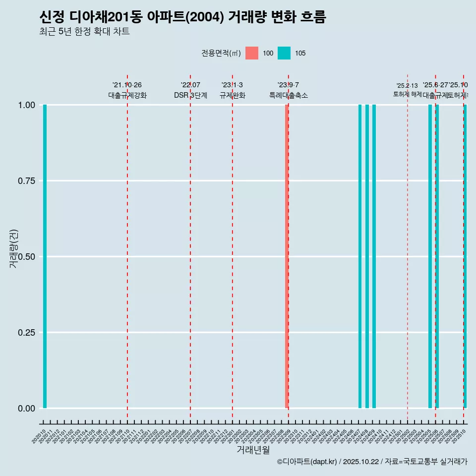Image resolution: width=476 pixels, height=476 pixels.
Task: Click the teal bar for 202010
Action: [x=45, y=256]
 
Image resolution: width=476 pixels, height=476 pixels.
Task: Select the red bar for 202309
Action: [x=287, y=256]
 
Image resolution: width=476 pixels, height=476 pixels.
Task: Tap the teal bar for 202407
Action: [x=360, y=256]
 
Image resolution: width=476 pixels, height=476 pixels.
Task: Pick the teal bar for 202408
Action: [x=367, y=256]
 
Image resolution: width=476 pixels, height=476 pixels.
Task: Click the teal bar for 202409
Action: [x=374, y=256]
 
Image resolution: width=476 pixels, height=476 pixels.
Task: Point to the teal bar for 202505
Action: [x=430, y=256]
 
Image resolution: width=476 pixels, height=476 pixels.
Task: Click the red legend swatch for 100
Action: [x=252, y=53]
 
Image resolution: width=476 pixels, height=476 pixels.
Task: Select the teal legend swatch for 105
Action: [x=284, y=53]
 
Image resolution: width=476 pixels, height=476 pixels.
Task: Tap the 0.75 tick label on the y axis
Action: [x=27, y=180]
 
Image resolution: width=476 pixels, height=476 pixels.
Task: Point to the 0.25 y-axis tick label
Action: [x=27, y=332]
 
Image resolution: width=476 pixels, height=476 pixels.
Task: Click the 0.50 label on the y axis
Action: [x=27, y=256]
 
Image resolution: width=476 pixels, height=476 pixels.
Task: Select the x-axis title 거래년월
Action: [x=253, y=450]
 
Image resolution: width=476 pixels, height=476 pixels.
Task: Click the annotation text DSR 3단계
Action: [x=190, y=95]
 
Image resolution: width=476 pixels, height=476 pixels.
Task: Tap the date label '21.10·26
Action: [x=127, y=85]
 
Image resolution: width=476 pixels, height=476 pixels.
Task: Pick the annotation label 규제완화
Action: [x=232, y=95]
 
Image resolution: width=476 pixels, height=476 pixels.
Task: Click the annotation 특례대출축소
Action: [x=288, y=95]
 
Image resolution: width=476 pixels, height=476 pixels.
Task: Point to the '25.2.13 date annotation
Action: [x=407, y=86]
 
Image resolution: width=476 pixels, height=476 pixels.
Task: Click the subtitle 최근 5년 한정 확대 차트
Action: [x=84, y=32]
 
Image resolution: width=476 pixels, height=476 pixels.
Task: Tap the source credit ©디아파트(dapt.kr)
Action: [x=307, y=462]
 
